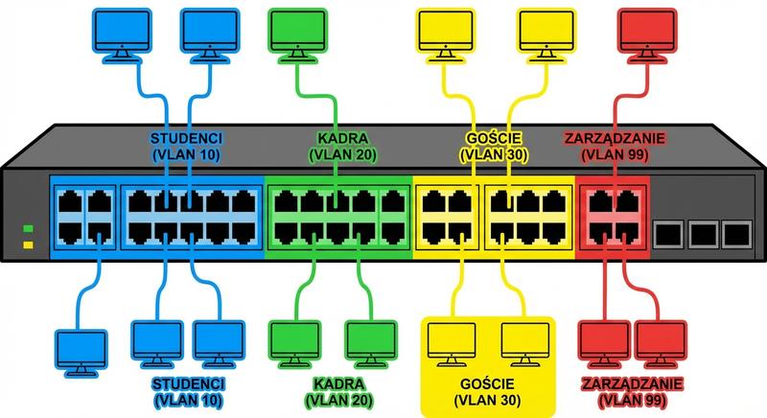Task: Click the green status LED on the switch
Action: click(29, 228)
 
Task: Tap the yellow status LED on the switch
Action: click(29, 245)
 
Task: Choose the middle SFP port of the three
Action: click(702, 233)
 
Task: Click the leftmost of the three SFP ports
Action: click(668, 233)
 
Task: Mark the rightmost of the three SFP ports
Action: click(735, 233)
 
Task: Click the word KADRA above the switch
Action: click(337, 136)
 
